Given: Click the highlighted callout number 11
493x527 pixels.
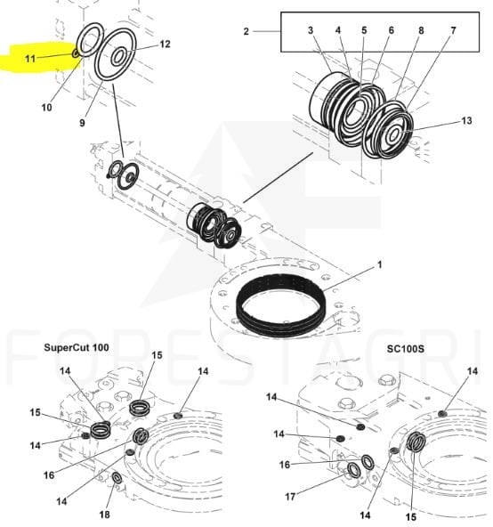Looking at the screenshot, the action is [x=30, y=59].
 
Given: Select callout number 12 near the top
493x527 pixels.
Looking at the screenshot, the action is [x=165, y=44].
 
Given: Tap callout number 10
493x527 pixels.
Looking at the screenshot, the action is [x=46, y=108].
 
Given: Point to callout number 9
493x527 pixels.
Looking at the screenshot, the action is [x=82, y=123].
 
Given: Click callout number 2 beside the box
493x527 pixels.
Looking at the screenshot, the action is [x=246, y=31].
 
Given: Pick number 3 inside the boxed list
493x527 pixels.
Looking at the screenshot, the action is [x=311, y=30].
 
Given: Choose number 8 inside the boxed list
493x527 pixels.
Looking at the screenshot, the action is [x=421, y=30].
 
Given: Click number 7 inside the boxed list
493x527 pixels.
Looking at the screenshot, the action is [x=453, y=30].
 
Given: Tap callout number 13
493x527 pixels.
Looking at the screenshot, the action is [x=467, y=121].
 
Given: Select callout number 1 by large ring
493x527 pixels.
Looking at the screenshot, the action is [x=380, y=265].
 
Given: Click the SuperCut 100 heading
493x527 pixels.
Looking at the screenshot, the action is [x=77, y=347].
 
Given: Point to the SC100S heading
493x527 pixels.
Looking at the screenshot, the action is [x=405, y=349].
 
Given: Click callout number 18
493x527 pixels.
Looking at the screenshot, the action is [x=104, y=515].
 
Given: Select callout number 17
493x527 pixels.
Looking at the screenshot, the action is [x=290, y=496].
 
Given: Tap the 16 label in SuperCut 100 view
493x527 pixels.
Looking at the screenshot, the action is [x=49, y=475].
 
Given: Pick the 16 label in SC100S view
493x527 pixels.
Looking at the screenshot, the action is [x=284, y=465].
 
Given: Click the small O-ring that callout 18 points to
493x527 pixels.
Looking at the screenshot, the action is [x=117, y=477].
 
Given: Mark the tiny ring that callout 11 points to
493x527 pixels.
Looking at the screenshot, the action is [x=76, y=53].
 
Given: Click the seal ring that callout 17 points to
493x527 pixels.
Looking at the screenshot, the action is [x=353, y=470].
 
